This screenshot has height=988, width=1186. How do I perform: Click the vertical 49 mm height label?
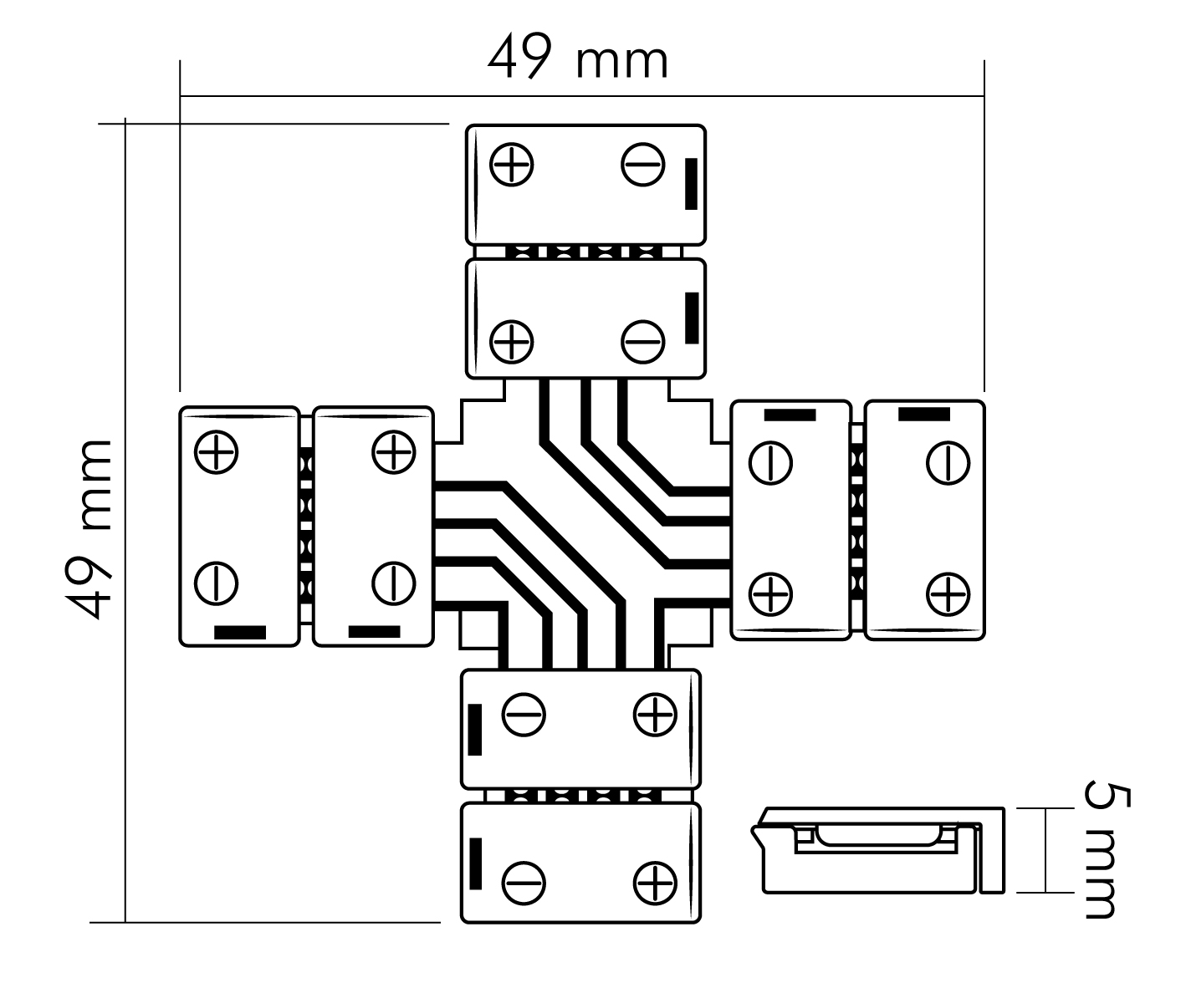[89, 528]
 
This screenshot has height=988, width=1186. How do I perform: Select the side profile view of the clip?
[878, 850]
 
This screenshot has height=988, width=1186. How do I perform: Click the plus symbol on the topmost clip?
[511, 165]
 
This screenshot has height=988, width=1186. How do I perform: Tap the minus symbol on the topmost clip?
[642, 165]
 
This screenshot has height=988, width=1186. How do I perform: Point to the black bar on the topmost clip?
[691, 183]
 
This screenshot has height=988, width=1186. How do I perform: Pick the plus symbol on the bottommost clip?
[655, 883]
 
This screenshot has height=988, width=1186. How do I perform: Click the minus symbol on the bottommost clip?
[524, 883]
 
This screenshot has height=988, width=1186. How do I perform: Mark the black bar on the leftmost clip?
[240, 632]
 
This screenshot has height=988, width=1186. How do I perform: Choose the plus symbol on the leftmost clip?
[216, 452]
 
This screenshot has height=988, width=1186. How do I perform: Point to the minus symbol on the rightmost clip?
[948, 462]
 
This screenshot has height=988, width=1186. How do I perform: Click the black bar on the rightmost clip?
[923, 414]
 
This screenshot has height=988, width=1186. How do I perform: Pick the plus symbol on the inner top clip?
[511, 340]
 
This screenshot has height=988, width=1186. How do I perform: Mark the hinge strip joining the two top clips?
[585, 251]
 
